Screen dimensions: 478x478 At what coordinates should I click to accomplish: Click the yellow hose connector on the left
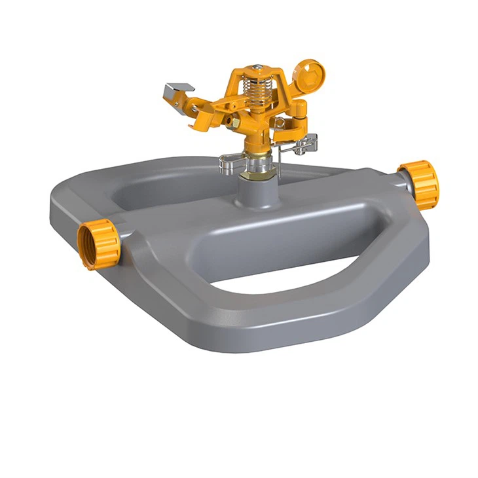[99, 244]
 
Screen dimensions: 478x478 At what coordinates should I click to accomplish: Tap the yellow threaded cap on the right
[419, 185]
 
